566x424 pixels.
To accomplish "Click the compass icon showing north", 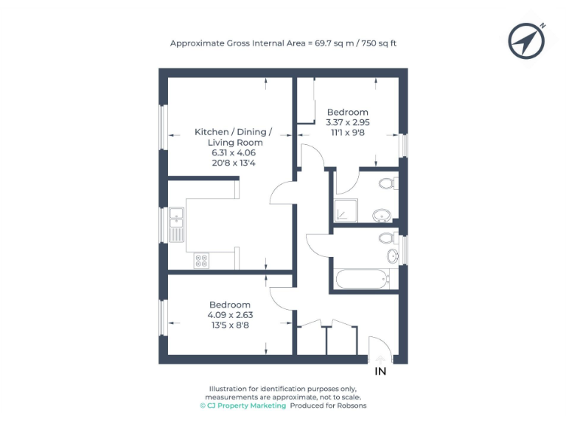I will (527, 40).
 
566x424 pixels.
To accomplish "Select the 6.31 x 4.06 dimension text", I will (233, 152).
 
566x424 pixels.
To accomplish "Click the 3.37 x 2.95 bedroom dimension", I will (348, 123).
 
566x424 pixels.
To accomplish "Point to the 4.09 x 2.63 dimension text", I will (230, 315).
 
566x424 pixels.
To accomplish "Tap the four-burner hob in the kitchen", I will (201, 261).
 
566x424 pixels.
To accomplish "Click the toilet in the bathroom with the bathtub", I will (385, 238).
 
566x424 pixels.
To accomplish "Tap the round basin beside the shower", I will (382, 215).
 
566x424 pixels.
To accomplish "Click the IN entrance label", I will (380, 372).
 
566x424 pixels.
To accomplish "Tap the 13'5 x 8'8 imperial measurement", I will (230, 325).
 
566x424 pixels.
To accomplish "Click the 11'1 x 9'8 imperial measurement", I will (348, 133).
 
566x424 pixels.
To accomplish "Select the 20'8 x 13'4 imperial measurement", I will (233, 163).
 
